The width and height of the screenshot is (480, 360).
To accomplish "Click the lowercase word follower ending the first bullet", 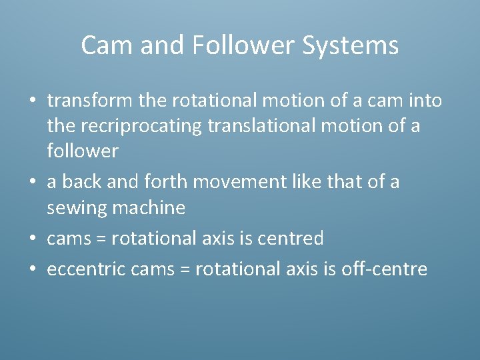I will pyautogui.click(x=83, y=151).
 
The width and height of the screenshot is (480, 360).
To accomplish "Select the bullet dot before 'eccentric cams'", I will pyautogui.click(x=32, y=269).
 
